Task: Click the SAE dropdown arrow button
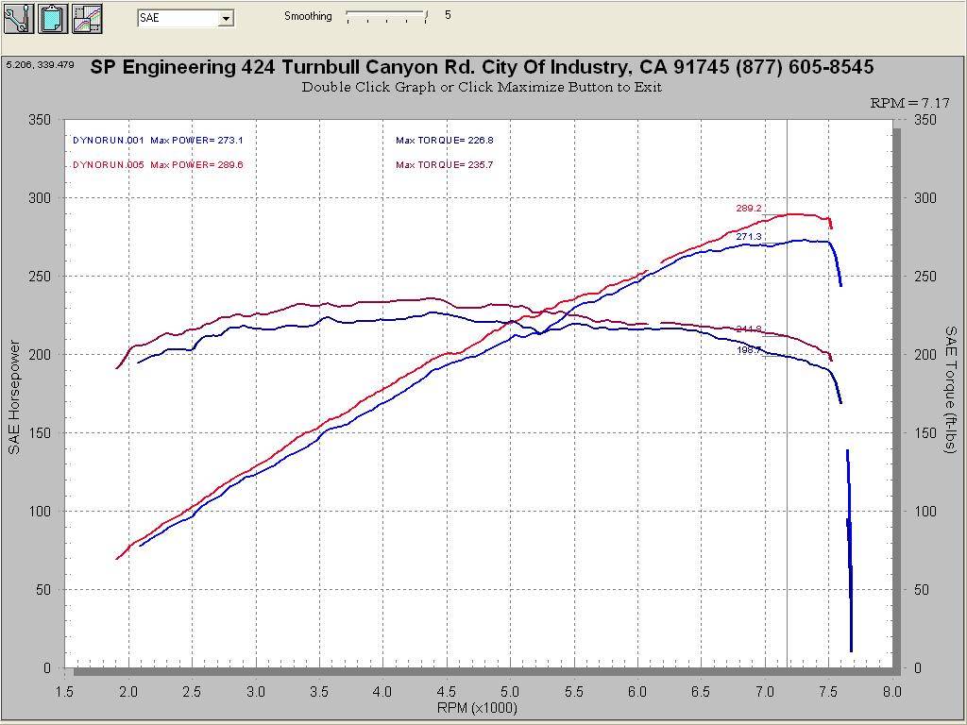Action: pos(226,18)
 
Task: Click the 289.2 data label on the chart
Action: pos(749,209)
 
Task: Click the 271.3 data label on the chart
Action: pos(749,237)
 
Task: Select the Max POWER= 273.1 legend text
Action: pos(196,141)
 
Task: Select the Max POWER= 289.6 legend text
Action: pos(196,165)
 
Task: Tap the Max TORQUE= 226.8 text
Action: pos(445,141)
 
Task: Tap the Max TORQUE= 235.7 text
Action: pos(445,165)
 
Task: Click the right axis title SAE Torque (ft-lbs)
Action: pos(951,389)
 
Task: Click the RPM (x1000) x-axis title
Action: pos(477,707)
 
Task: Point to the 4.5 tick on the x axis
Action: pos(446,691)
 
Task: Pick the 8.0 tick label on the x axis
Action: pos(891,691)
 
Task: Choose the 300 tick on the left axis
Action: pos(40,198)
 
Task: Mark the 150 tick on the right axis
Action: pos(925,433)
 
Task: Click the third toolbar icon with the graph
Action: pos(87,18)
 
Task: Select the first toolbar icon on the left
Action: pos(18,18)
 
